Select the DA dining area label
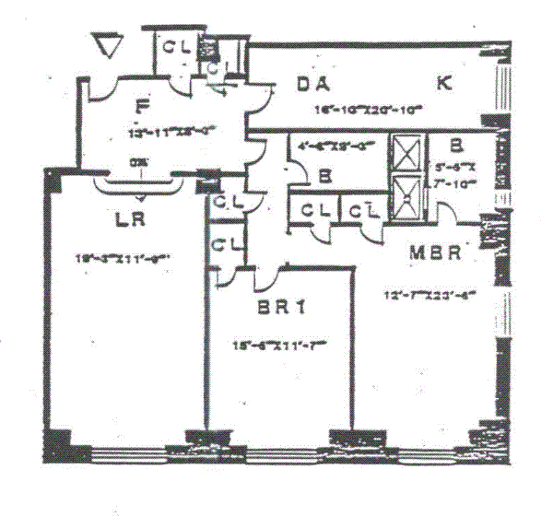316,85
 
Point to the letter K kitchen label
444,84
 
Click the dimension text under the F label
166,132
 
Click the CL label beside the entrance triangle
178,47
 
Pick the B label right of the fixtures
456,145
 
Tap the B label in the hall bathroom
325,175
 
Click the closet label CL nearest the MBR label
365,210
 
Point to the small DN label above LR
139,163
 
